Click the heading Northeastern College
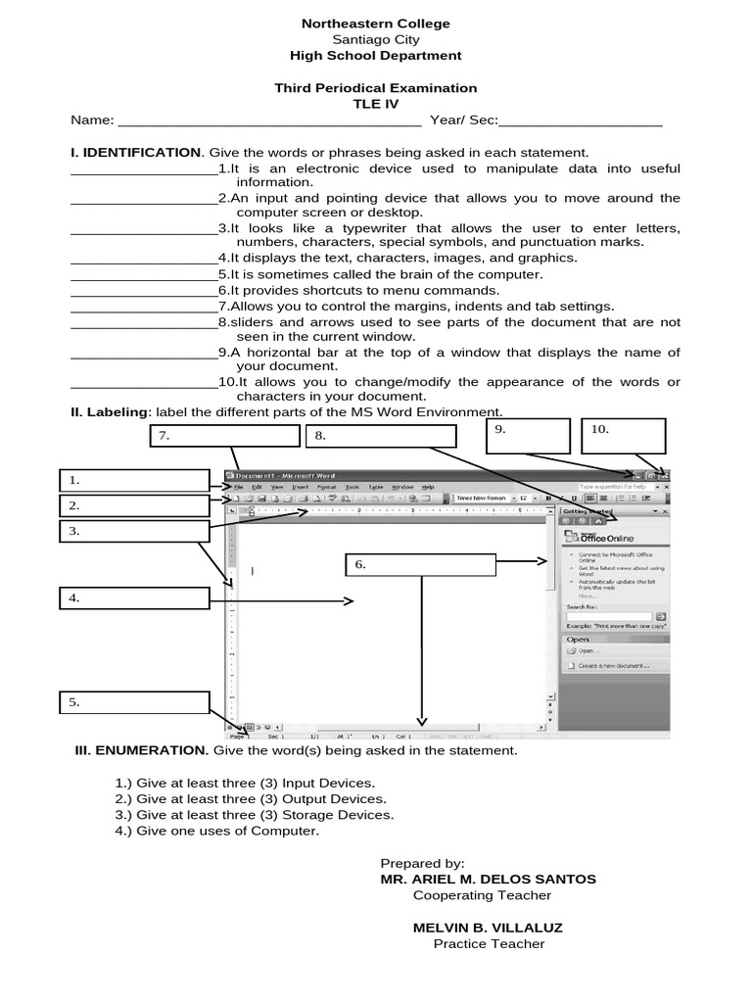coord(376,24)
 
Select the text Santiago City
coord(376,40)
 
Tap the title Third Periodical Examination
coord(376,88)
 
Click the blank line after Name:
coord(269,122)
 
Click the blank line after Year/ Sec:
coord(581,122)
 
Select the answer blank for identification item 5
coord(144,275)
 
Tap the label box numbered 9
coord(528,435)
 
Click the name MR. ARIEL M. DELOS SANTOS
coord(488,880)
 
